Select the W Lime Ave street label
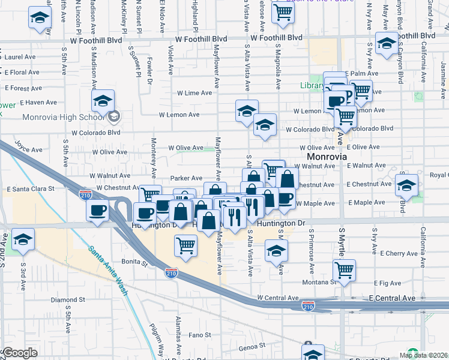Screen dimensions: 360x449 [x=194, y=93]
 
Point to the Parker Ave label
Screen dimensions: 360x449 [x=186, y=178]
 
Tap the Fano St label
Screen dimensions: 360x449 [x=200, y=335]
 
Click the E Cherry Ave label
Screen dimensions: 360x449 [x=390, y=254]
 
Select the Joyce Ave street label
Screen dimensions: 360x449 [x=29, y=146]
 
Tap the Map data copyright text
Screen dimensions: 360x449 [x=423, y=355]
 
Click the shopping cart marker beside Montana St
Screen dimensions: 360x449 [x=344, y=270]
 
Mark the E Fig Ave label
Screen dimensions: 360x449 [x=386, y=283]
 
